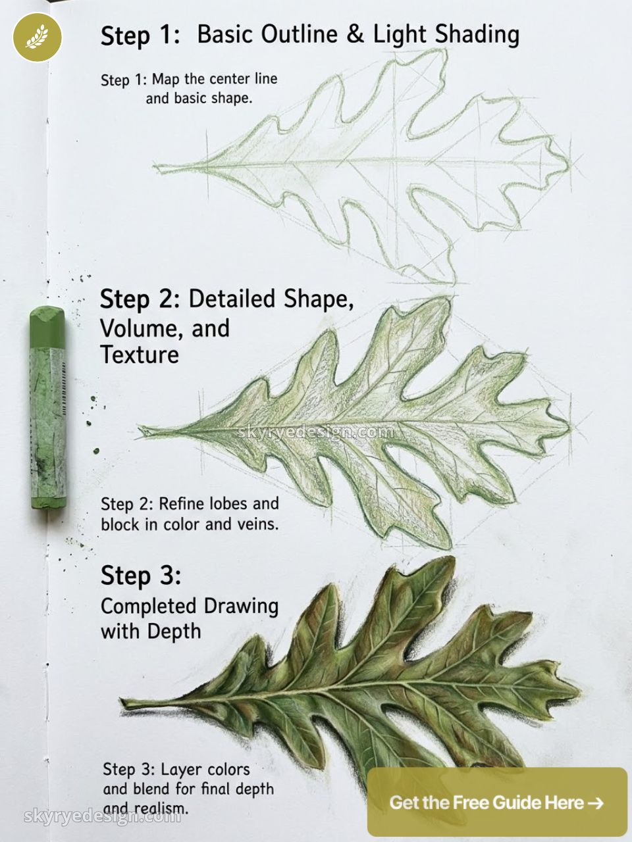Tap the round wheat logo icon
[x=38, y=37]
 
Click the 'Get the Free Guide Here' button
[x=496, y=803]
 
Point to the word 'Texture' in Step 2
[x=140, y=355]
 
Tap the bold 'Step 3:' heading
[x=140, y=576]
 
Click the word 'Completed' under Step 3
[x=149, y=606]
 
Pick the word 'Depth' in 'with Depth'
[x=174, y=631]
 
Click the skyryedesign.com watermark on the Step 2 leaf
[x=315, y=432]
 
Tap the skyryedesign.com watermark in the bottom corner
[x=102, y=816]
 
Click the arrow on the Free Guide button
[x=595, y=803]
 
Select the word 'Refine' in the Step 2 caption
[x=182, y=504]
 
